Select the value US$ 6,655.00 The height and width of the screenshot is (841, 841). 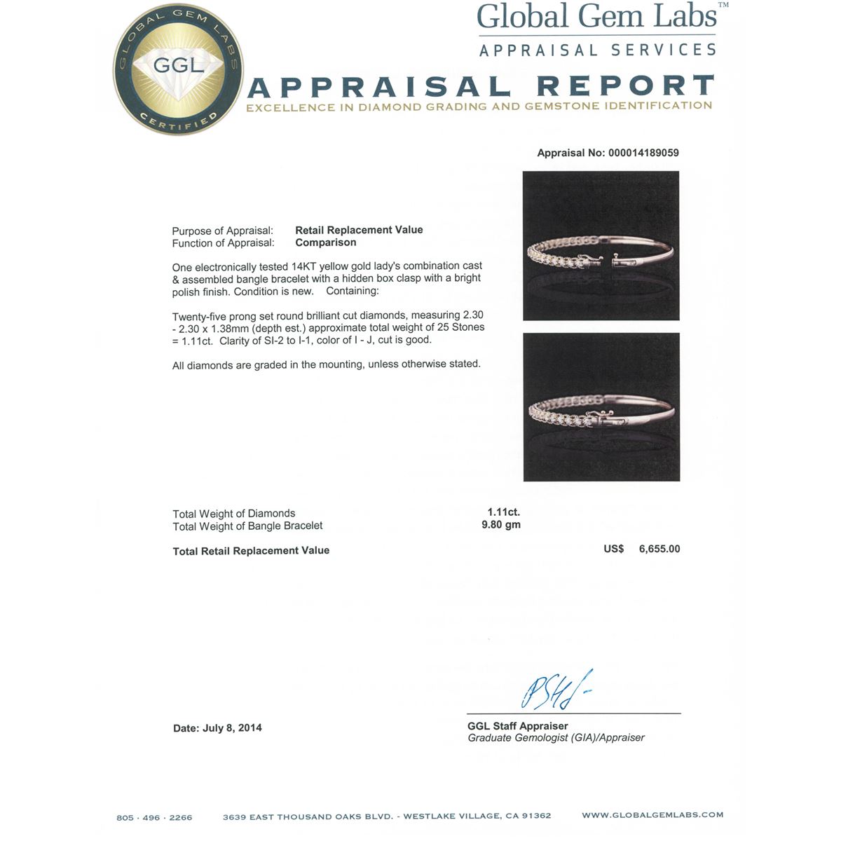pyautogui.click(x=642, y=549)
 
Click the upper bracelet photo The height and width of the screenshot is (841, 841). pyautogui.click(x=601, y=245)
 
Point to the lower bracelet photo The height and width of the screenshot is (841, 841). pyautogui.click(x=601, y=407)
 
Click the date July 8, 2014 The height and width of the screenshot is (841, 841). pyautogui.click(x=217, y=728)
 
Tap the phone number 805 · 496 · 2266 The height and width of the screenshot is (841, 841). pyautogui.click(x=154, y=817)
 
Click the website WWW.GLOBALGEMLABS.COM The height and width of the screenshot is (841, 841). pyautogui.click(x=652, y=815)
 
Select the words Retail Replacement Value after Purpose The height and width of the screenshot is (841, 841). pyautogui.click(x=359, y=230)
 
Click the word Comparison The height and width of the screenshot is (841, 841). pyautogui.click(x=325, y=242)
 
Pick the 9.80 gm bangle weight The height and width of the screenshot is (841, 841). pyautogui.click(x=501, y=525)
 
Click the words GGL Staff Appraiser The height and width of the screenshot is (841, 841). pyautogui.click(x=517, y=726)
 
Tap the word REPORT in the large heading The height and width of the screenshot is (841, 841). pyautogui.click(x=624, y=86)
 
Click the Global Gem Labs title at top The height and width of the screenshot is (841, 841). pyautogui.click(x=596, y=18)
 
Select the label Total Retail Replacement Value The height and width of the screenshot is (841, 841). pyautogui.click(x=251, y=551)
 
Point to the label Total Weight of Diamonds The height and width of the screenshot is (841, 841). pyautogui.click(x=234, y=514)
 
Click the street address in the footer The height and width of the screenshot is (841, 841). pyautogui.click(x=387, y=816)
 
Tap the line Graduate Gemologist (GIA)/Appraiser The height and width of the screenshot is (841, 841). pyautogui.click(x=556, y=738)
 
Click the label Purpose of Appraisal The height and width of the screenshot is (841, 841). pyautogui.click(x=223, y=231)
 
